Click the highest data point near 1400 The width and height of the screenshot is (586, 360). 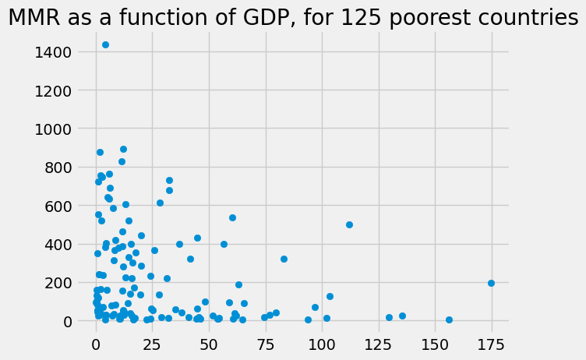[105, 44]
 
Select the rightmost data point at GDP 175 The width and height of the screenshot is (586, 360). [491, 283]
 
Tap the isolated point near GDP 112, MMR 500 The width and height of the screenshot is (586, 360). [349, 224]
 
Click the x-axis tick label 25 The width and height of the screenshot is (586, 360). [153, 344]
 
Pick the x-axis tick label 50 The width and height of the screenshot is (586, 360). [209, 344]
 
